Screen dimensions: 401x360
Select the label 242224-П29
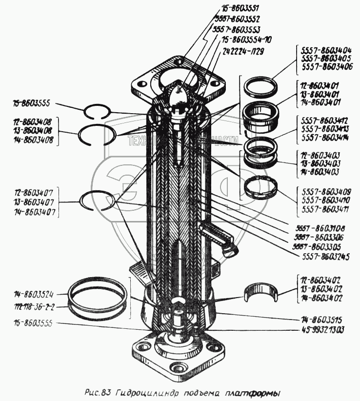coord(243,51)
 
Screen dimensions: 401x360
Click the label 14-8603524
coord(34,294)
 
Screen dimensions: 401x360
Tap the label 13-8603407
coord(31,202)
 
